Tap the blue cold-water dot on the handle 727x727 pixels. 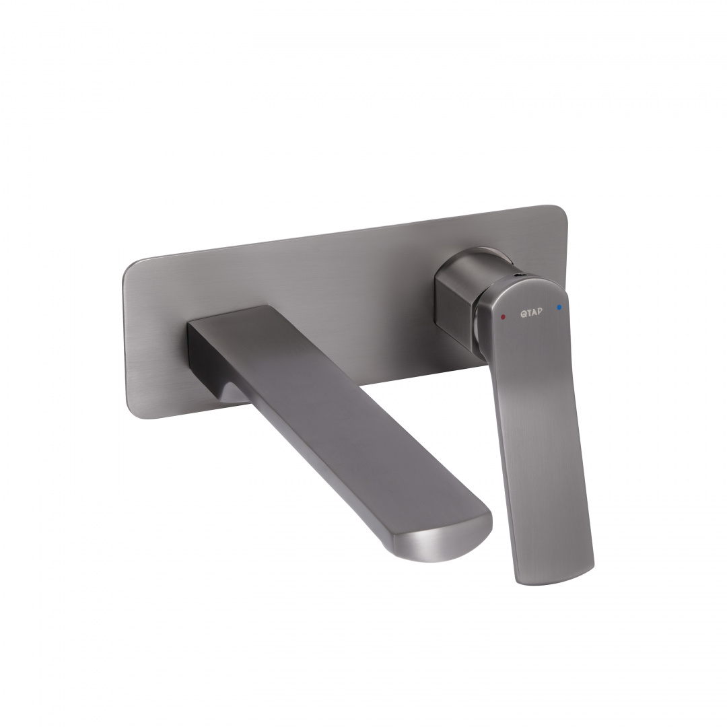tap(559, 308)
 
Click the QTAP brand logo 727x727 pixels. tap(531, 312)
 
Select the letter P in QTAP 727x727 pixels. tap(539, 311)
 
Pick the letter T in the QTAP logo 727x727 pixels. tap(528, 312)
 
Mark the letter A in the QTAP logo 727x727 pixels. tap(534, 312)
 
